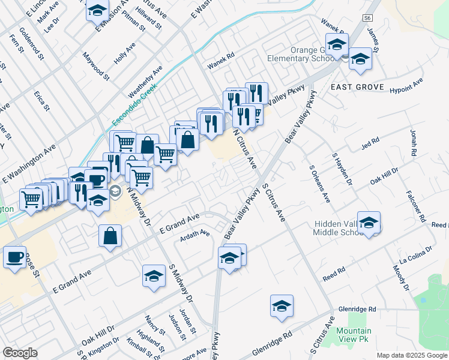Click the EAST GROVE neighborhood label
pos(357,87)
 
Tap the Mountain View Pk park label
pos(354,335)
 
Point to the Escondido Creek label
pos(134,104)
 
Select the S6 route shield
pos(367,19)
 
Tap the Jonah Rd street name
pos(413,142)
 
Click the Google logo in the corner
pos(20,353)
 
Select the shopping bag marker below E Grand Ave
pos(110,236)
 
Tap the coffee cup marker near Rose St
pos(14,257)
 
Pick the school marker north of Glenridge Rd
pos(282,306)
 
